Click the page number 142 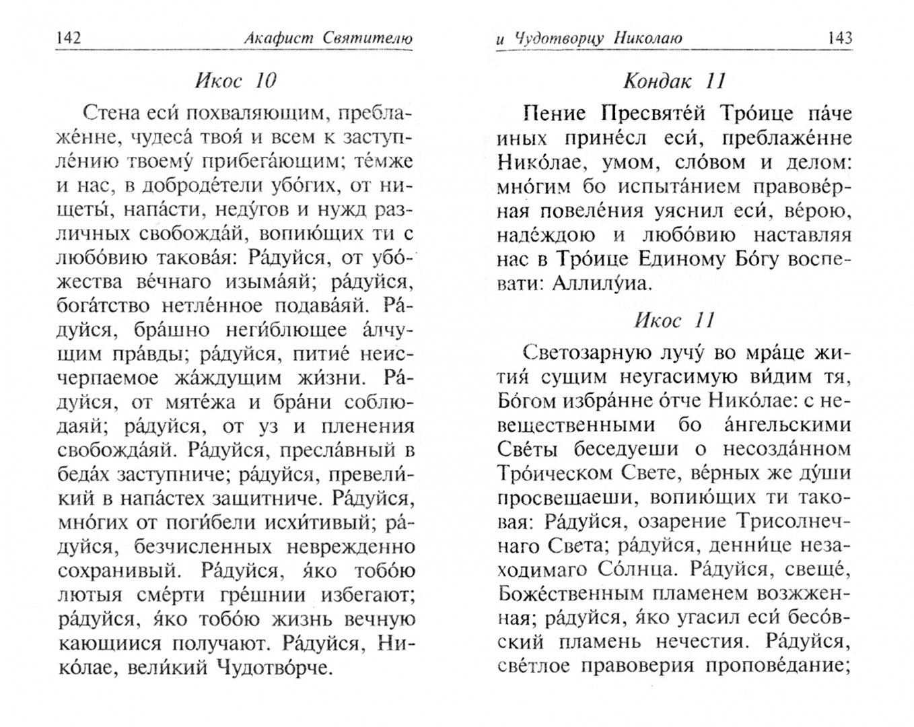coord(69,38)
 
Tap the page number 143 coord(837,38)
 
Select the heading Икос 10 coord(236,81)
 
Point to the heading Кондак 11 coord(674,81)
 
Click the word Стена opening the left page coord(108,112)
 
